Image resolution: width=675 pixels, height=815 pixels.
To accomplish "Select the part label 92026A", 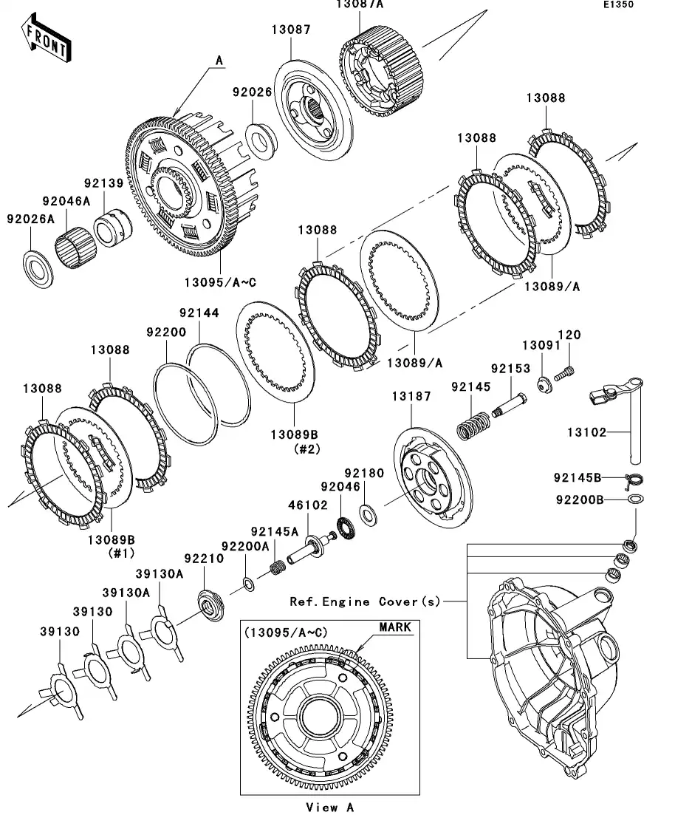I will [32, 219].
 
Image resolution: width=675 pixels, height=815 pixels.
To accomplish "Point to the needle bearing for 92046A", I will [74, 242].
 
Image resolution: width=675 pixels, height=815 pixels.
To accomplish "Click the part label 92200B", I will [580, 499].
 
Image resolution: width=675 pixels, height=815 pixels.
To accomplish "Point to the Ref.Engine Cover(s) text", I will [365, 601].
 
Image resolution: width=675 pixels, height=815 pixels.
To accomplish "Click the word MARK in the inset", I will [394, 627].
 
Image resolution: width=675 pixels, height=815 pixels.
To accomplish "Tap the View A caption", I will [329, 807].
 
